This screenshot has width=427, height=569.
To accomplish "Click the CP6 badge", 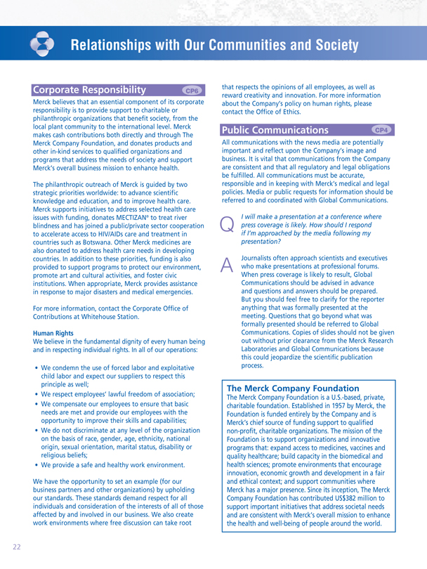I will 191,91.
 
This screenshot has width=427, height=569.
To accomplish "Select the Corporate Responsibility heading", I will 88,90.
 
